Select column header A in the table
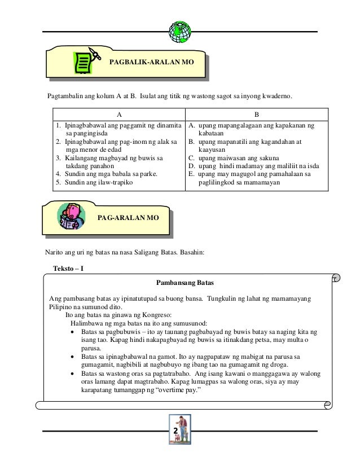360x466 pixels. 118,112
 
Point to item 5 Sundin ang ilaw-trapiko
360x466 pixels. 91,182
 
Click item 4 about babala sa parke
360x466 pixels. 106,174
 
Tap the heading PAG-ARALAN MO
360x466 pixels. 128,217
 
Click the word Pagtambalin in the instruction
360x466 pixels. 67,97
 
